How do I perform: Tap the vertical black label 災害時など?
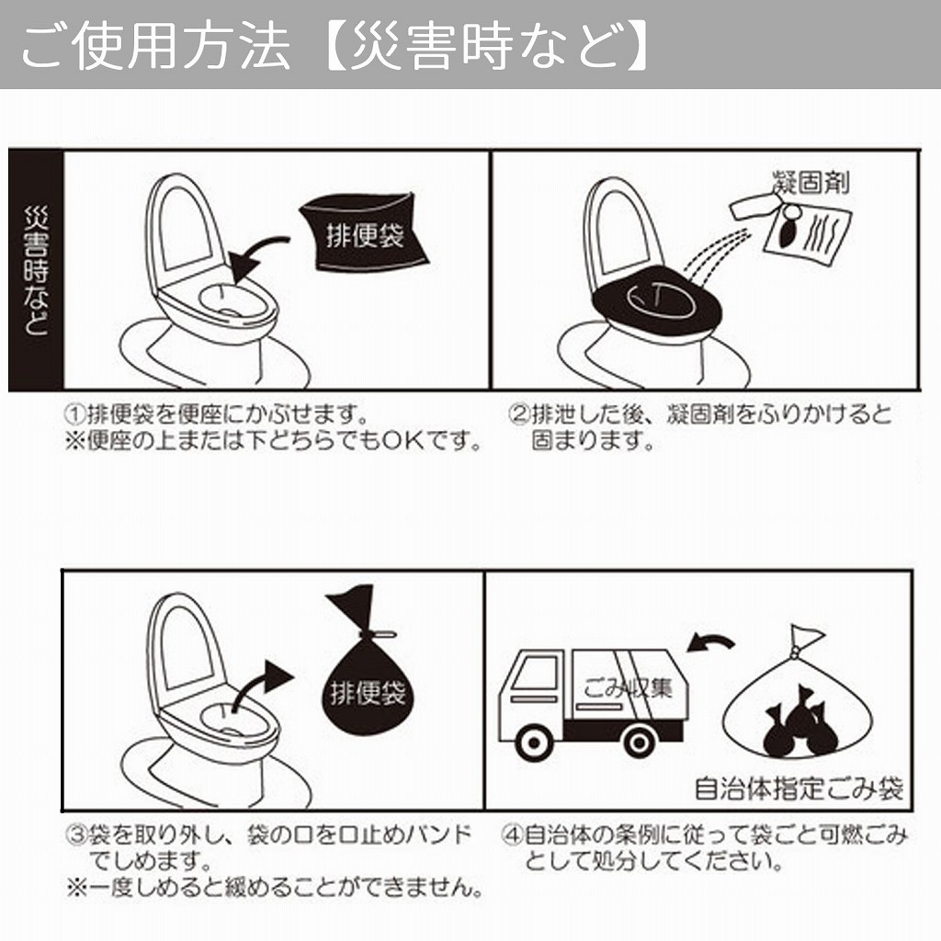click(36, 271)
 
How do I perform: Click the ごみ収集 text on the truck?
click(627, 686)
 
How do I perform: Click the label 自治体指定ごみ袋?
click(799, 788)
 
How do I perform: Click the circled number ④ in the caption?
click(512, 836)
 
